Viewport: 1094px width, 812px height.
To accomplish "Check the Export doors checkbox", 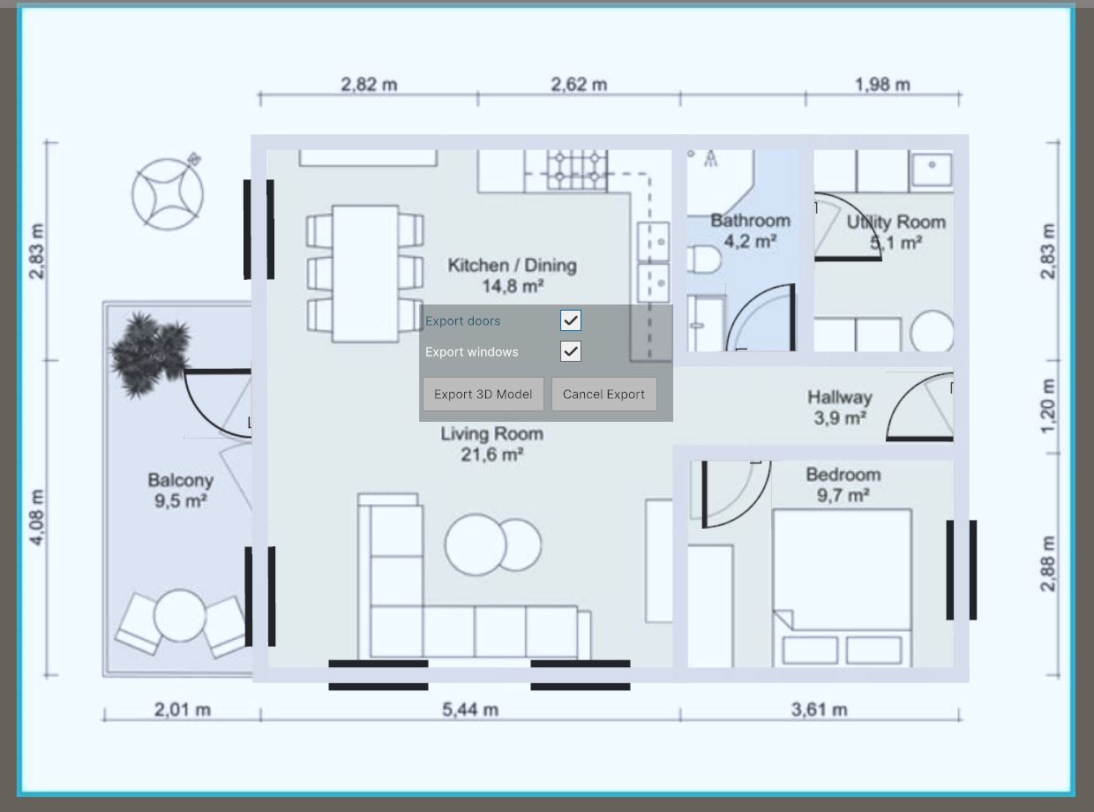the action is pos(571,320).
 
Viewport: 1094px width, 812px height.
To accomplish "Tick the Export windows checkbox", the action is pos(571,351).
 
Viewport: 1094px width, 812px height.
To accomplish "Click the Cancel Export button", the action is pos(603,394).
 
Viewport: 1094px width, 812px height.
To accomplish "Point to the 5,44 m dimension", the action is pos(470,710).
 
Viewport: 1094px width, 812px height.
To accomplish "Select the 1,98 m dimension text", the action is pos(882,85).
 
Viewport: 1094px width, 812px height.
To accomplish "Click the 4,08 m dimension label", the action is pos(37,518).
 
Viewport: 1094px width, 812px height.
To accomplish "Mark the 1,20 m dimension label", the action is pos(1047,406).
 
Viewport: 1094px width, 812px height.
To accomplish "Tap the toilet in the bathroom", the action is pos(704,259).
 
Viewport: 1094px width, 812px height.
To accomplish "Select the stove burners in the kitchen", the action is pos(577,170).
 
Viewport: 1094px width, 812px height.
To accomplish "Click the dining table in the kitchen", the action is pos(365,274).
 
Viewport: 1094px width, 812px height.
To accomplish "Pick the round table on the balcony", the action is pos(179,615).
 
